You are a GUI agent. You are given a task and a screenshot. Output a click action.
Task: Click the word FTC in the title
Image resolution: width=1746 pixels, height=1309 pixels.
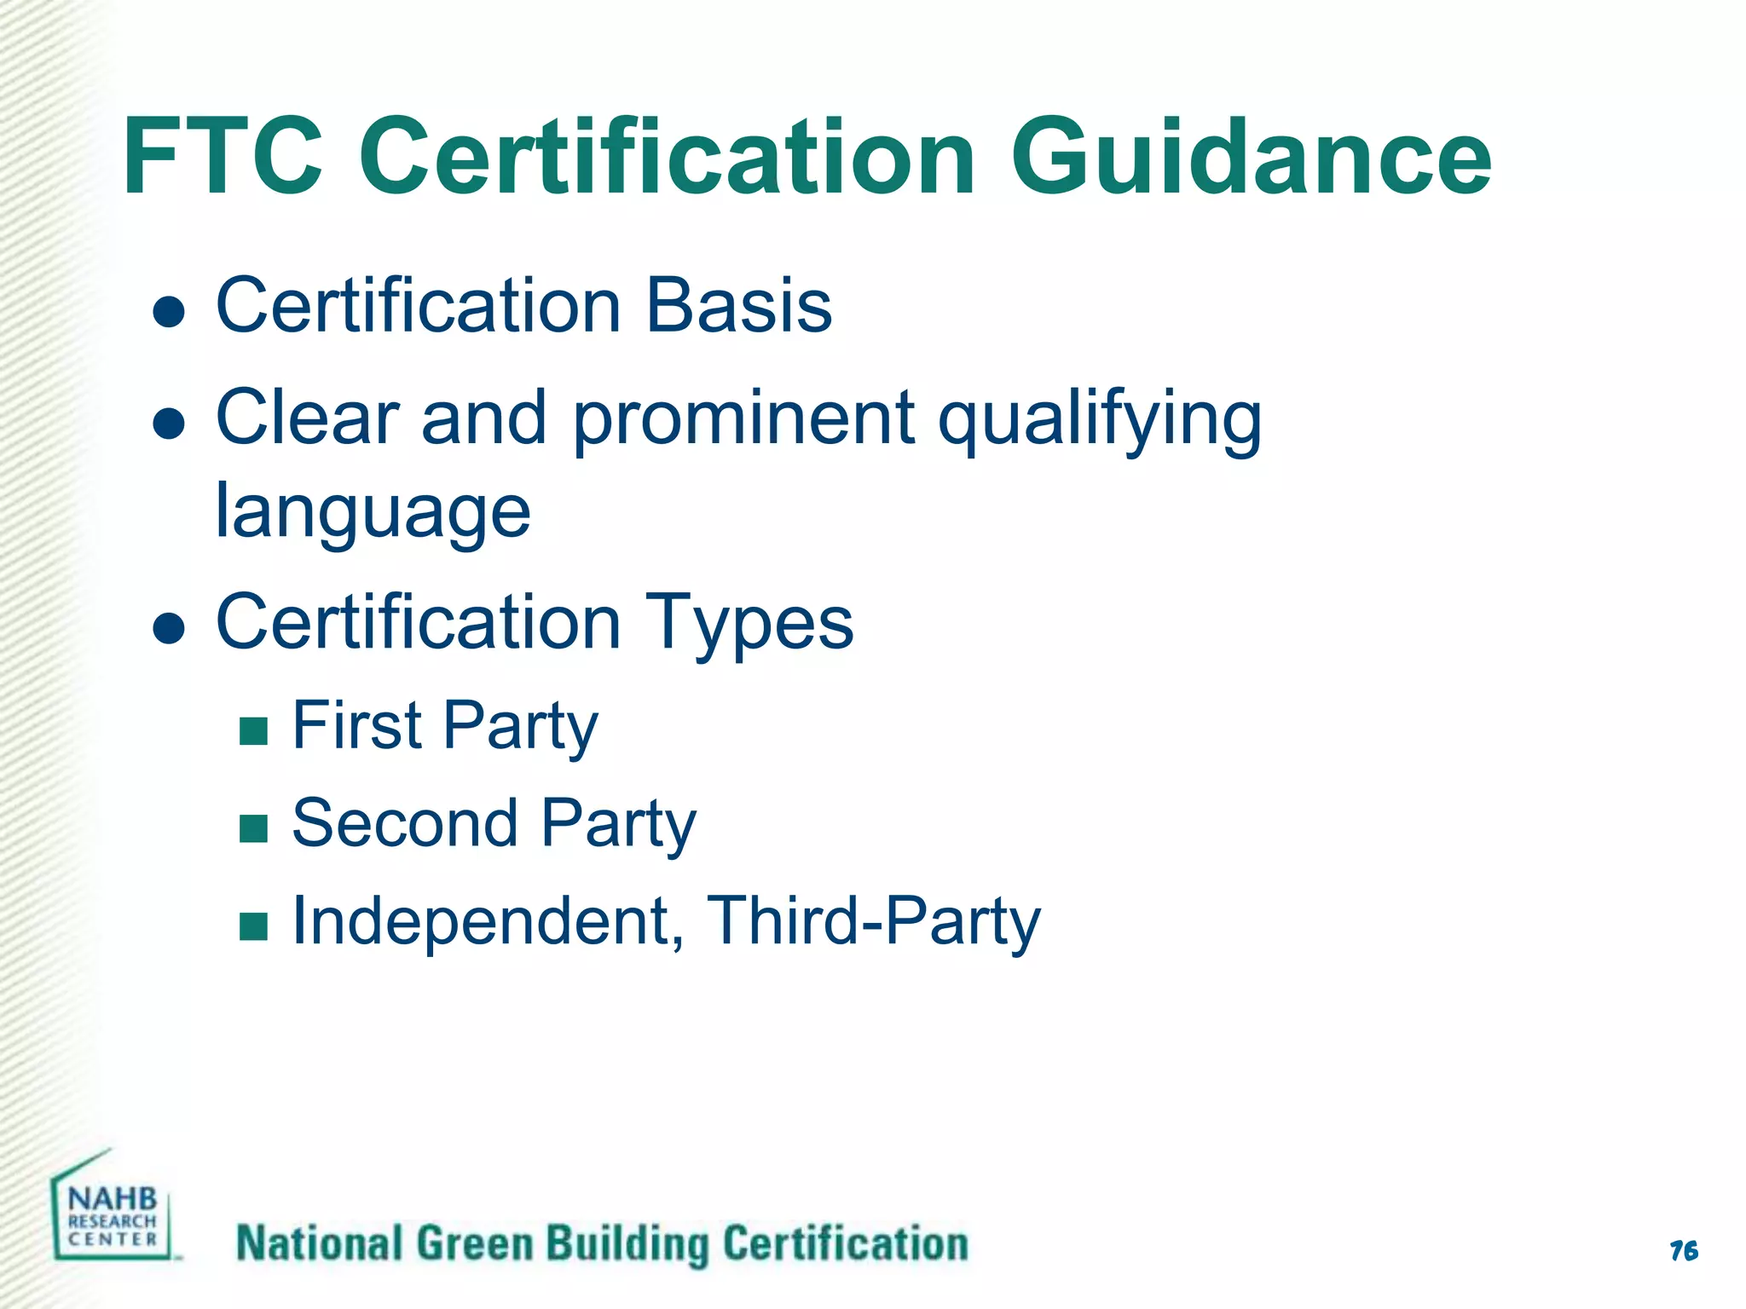[x=223, y=159]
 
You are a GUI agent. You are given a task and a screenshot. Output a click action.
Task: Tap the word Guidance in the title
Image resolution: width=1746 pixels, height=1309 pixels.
[x=1251, y=159]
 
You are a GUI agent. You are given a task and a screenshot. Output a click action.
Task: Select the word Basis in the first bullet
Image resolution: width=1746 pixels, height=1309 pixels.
[x=738, y=306]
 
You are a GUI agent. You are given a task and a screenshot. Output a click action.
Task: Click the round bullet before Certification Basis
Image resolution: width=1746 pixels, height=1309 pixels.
[x=169, y=312]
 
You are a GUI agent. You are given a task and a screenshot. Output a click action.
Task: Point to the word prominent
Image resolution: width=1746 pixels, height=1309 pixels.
[x=743, y=419]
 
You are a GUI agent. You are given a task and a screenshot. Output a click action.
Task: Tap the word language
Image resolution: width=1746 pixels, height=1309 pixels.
[x=373, y=513]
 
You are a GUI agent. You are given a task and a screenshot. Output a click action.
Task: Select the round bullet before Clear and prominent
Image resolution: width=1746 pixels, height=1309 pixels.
[x=169, y=424]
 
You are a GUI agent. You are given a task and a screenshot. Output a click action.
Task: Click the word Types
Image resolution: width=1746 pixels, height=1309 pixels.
[x=749, y=623]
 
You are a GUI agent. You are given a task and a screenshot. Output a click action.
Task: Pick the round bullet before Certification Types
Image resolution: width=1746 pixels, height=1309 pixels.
[x=169, y=629]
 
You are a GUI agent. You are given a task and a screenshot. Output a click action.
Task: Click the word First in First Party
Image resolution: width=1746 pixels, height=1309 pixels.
[x=357, y=725]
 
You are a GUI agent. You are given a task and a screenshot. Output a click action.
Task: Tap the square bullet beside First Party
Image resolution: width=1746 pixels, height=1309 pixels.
[x=254, y=731]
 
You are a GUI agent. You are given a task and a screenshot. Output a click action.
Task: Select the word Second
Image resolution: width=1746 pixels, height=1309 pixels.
[x=405, y=823]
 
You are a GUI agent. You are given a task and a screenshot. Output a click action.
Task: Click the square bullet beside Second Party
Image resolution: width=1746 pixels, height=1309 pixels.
[x=254, y=828]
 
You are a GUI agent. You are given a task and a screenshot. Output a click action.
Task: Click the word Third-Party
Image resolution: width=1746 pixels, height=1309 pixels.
[x=875, y=921]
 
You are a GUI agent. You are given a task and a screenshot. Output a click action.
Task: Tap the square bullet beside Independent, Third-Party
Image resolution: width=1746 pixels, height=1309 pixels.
[x=254, y=926]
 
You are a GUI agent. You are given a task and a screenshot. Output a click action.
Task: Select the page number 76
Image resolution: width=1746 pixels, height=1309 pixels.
[x=1684, y=1251]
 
